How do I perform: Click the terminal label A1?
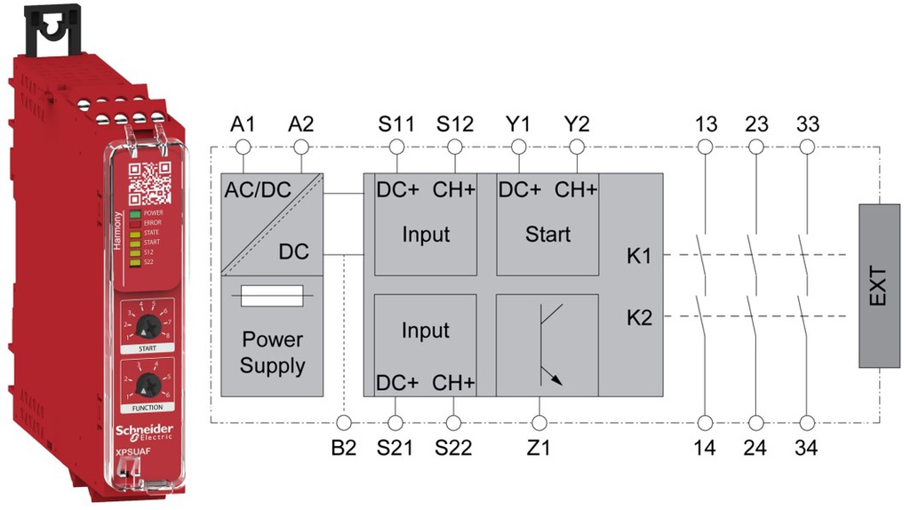click(x=242, y=124)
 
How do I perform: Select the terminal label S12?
click(x=454, y=124)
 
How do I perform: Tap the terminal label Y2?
click(x=577, y=124)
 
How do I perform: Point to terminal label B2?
click(x=343, y=447)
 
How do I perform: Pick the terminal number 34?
click(x=807, y=447)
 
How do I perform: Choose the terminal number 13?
click(x=706, y=124)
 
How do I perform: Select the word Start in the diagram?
click(x=547, y=235)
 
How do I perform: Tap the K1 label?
click(x=639, y=257)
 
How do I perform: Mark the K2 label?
click(x=639, y=317)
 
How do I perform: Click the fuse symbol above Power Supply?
click(x=272, y=297)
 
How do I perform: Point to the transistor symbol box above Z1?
click(x=547, y=345)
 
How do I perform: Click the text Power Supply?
click(x=272, y=353)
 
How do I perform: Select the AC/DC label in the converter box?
click(x=258, y=189)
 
